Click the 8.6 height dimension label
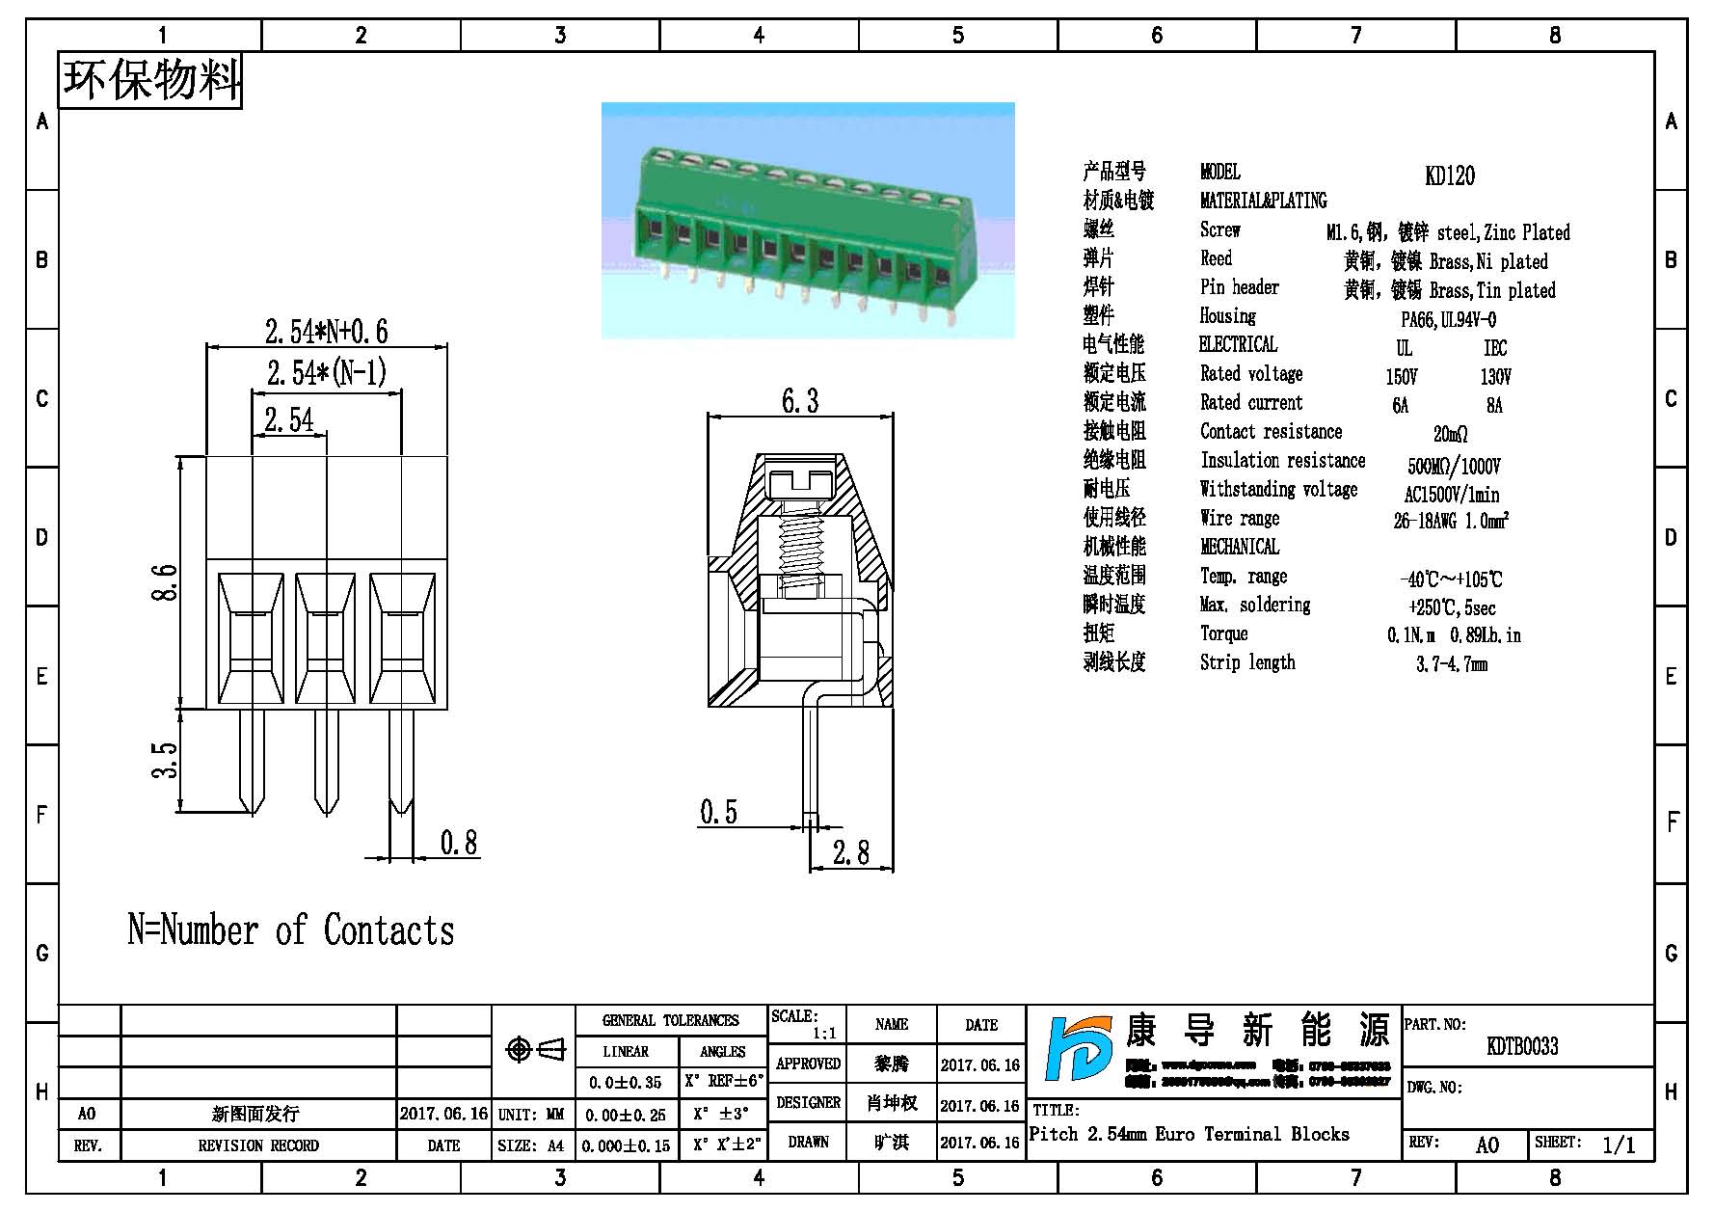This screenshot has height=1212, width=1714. pyautogui.click(x=165, y=582)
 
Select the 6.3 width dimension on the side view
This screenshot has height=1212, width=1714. pyautogui.click(x=800, y=401)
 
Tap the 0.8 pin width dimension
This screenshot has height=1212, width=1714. pyautogui.click(x=459, y=843)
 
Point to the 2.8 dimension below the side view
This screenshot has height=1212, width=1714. pyautogui.click(x=850, y=852)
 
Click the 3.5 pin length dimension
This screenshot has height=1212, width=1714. pyautogui.click(x=165, y=760)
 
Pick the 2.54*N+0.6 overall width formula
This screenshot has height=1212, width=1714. pyautogui.click(x=326, y=332)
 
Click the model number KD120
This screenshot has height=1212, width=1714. pyautogui.click(x=1449, y=175)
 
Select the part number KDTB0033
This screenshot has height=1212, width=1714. pyautogui.click(x=1522, y=1046)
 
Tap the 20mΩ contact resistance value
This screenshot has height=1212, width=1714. pyautogui.click(x=1450, y=435)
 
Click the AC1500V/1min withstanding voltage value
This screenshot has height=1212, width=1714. pyautogui.click(x=1451, y=495)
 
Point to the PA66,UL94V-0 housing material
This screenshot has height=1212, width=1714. pyautogui.click(x=1448, y=319)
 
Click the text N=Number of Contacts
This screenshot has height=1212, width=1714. pyautogui.click(x=291, y=930)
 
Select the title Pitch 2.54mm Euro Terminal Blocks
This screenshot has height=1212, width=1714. pyautogui.click(x=1189, y=1135)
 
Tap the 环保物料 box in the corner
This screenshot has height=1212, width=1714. pyautogui.click(x=150, y=80)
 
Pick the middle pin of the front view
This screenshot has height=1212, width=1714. pyautogui.click(x=326, y=762)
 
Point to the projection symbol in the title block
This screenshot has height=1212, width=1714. pyautogui.click(x=535, y=1049)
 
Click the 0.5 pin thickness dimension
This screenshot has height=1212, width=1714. pyautogui.click(x=718, y=812)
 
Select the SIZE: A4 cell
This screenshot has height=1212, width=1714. pyautogui.click(x=531, y=1145)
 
